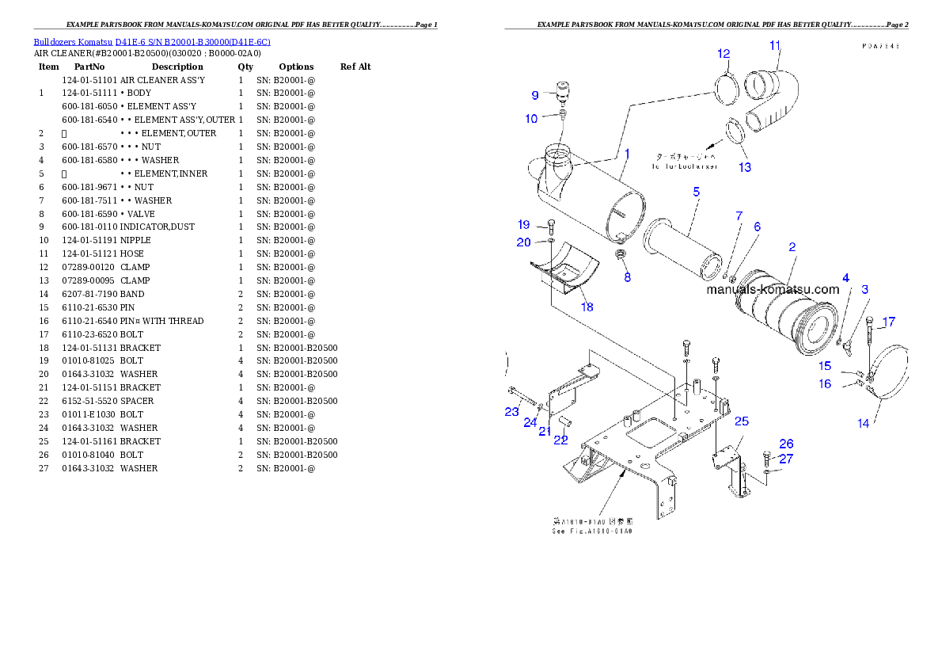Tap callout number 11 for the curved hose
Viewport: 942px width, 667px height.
click(x=774, y=45)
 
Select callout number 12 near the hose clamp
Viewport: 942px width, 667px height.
click(x=724, y=54)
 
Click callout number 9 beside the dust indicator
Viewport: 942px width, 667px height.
click(x=535, y=95)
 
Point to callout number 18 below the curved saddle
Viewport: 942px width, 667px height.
click(x=587, y=307)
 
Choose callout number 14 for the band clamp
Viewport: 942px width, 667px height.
click(x=863, y=424)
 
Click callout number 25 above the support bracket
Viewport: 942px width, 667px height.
click(x=741, y=421)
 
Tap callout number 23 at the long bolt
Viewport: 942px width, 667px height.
click(x=511, y=411)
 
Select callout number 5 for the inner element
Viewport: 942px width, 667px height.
click(x=696, y=192)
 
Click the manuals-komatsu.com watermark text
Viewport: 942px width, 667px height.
click(x=772, y=290)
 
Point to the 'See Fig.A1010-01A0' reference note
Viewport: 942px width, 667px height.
click(x=592, y=526)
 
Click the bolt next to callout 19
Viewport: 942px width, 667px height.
click(x=551, y=226)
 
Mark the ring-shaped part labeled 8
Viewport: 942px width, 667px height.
click(x=622, y=256)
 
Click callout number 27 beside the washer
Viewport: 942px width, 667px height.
click(x=785, y=459)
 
